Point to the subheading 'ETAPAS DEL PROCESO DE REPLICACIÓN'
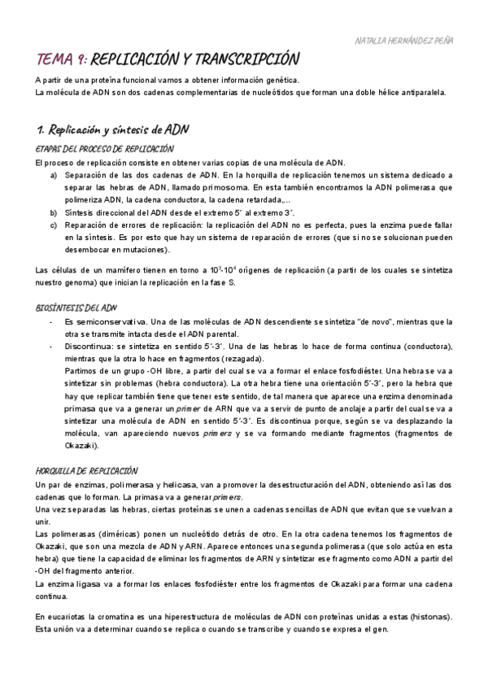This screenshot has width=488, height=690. point(105,149)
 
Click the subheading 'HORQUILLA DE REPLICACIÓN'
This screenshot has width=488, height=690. point(87,471)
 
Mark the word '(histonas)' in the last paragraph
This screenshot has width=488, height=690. point(425,617)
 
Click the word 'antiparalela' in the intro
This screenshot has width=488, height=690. point(417,93)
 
